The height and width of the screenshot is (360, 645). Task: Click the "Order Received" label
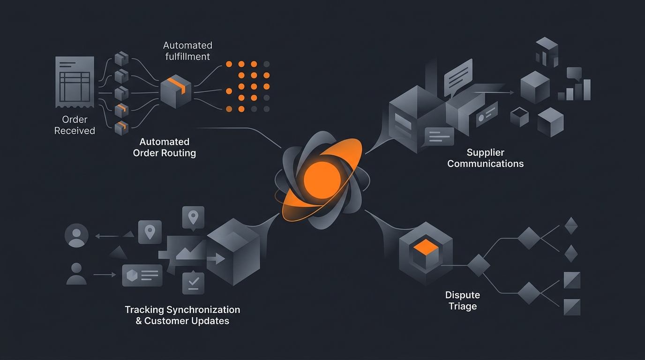(75, 125)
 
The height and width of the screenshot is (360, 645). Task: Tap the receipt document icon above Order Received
(75, 82)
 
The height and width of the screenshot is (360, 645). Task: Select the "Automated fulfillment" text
(187, 51)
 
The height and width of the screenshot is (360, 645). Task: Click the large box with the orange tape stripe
(176, 91)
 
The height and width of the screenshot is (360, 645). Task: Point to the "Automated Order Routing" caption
(165, 147)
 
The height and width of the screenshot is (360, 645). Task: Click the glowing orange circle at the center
(322, 180)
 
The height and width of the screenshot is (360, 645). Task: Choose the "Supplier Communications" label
(485, 158)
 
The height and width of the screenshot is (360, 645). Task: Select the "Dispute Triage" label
(463, 300)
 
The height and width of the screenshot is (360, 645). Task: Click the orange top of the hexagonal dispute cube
(426, 247)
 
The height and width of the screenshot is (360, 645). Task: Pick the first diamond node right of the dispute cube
(479, 265)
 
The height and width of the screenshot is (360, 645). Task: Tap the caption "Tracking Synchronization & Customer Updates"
(182, 315)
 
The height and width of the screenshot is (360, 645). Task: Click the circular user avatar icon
(76, 235)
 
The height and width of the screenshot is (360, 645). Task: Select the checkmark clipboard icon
(193, 283)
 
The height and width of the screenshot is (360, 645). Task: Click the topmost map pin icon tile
(193, 217)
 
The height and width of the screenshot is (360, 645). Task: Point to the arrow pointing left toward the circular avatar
(107, 236)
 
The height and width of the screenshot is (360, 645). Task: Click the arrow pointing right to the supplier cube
(494, 92)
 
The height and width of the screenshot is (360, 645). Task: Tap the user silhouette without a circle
(76, 274)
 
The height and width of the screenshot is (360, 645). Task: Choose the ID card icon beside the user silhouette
(142, 275)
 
